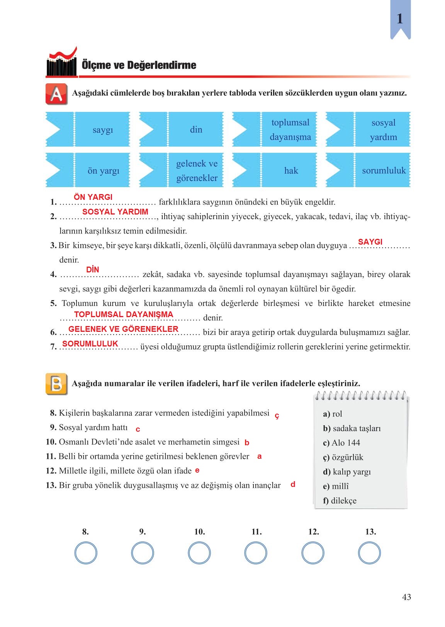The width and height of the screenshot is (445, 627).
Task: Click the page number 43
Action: (406, 597)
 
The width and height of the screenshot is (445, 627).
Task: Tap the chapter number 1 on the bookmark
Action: (400, 18)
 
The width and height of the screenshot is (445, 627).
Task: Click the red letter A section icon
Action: (56, 94)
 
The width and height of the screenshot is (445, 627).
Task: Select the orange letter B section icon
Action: (56, 384)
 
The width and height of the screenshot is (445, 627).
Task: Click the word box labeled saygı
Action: (102, 130)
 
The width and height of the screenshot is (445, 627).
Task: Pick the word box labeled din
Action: (196, 130)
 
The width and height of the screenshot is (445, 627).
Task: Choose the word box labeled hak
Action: (290, 171)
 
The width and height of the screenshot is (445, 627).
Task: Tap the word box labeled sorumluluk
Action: (383, 171)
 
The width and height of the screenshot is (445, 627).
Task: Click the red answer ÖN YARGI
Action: (93, 197)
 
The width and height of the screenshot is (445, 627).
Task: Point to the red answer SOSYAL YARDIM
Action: (115, 211)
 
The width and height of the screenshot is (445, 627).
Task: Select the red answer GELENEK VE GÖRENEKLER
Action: (123, 329)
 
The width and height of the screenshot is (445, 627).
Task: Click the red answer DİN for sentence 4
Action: (93, 270)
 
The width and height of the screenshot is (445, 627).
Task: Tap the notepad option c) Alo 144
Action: (341, 443)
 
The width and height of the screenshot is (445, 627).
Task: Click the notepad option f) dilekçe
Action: (340, 500)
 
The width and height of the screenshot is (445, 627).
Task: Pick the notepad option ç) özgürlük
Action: (343, 457)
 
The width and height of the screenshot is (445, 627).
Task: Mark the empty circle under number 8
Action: (85, 553)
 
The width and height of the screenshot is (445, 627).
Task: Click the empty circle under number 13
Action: (369, 553)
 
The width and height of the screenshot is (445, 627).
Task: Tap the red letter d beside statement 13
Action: (293, 484)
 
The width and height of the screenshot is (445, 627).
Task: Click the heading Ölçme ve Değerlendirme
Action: (139, 65)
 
